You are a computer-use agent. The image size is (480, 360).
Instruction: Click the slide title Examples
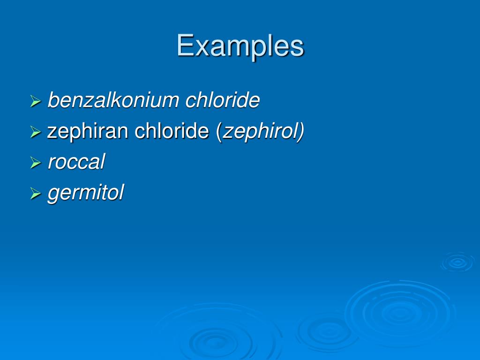click(240, 46)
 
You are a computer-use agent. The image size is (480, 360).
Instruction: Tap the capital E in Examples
click(184, 46)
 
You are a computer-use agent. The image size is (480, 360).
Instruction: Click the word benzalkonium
click(113, 100)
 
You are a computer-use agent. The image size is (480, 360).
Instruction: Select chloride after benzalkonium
click(223, 100)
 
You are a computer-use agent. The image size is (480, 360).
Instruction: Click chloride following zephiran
click(172, 131)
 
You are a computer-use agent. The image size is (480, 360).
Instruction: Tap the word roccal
click(76, 162)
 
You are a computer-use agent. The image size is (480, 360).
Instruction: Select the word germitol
click(85, 193)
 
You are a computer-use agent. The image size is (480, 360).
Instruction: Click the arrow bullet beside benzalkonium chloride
click(36, 101)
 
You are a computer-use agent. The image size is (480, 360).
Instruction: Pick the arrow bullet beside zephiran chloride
click(36, 132)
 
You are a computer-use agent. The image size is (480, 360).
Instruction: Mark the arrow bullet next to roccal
click(36, 163)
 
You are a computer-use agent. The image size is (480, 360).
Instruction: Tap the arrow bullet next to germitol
click(36, 194)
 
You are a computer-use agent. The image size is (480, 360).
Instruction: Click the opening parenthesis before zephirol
click(219, 132)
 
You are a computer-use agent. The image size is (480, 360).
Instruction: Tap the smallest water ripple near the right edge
click(457, 262)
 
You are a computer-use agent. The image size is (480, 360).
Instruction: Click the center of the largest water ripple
click(399, 312)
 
